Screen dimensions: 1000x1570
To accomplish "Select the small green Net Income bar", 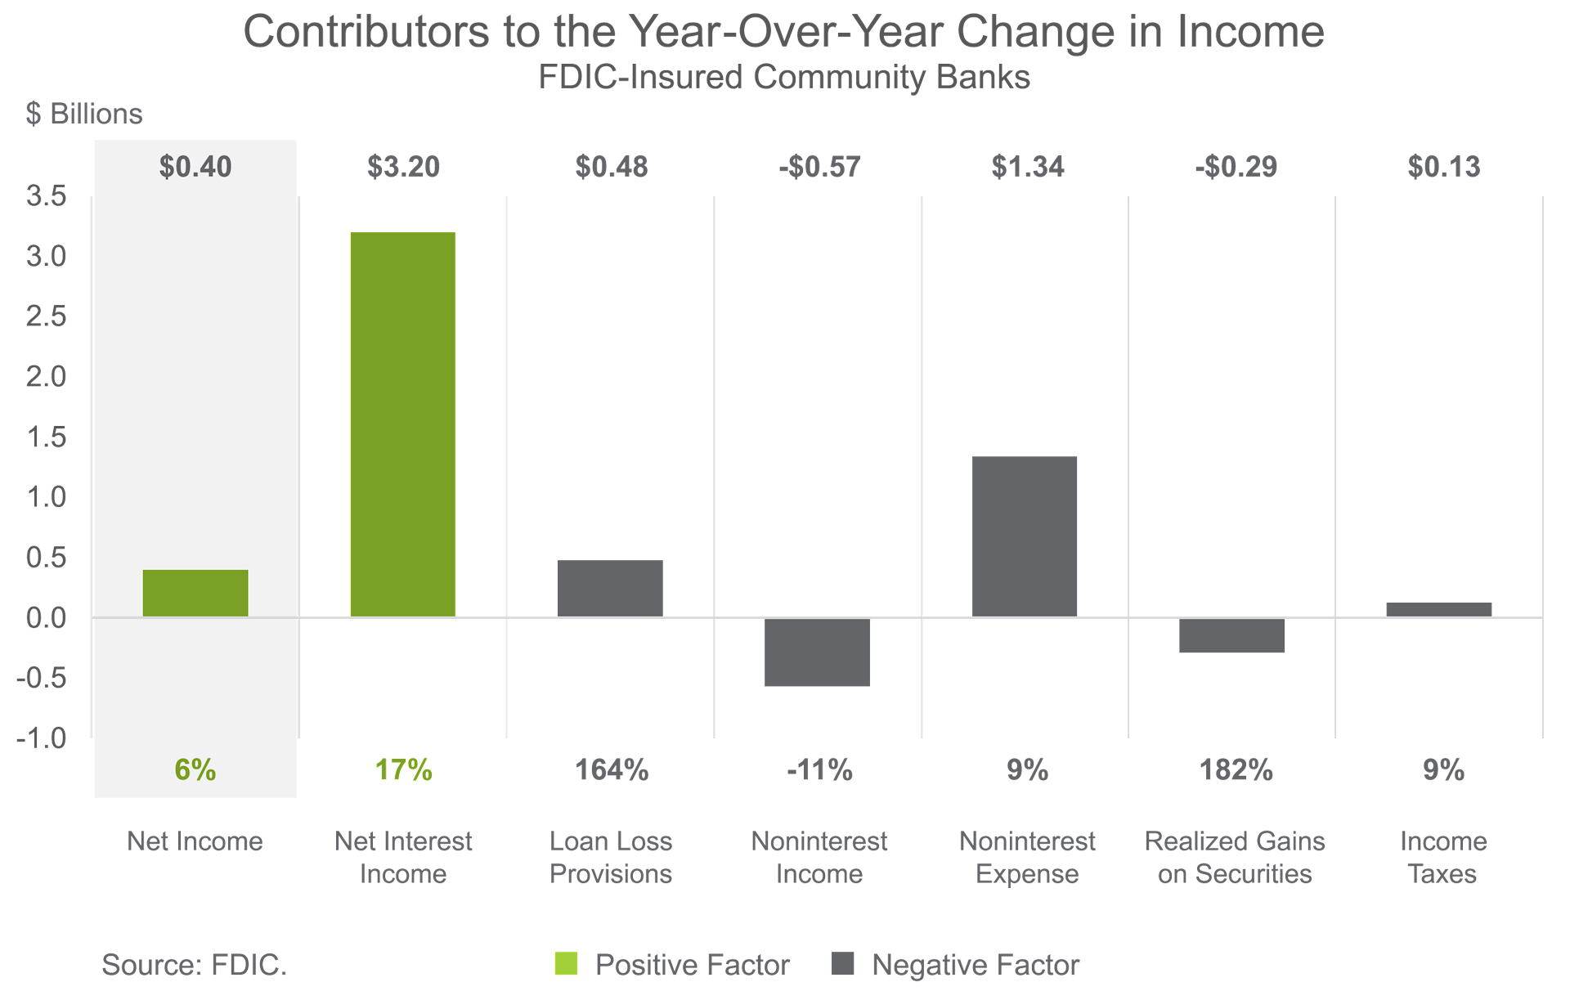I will click(x=195, y=593).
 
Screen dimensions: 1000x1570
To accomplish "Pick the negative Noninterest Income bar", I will click(x=817, y=652).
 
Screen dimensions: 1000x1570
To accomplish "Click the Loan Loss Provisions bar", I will click(x=610, y=588).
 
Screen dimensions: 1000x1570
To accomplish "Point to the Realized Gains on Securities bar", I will click(x=1231, y=636).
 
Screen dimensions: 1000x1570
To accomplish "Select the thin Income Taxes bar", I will click(x=1438, y=609).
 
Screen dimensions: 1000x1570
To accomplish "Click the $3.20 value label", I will click(x=403, y=167).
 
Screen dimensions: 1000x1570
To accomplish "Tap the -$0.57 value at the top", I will click(x=819, y=167).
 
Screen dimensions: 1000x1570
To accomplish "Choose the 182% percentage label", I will click(x=1236, y=769).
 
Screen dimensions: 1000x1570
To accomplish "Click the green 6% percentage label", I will click(x=195, y=769).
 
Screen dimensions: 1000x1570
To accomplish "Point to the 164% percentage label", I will click(x=611, y=769).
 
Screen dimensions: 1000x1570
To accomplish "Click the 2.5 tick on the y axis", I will click(x=46, y=316).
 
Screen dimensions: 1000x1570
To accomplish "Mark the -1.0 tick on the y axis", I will click(x=42, y=738).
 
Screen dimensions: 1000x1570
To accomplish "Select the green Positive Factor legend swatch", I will click(x=566, y=964).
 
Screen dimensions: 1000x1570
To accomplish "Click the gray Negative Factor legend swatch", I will click(x=842, y=964).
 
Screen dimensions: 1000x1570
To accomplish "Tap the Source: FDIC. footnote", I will click(x=194, y=965).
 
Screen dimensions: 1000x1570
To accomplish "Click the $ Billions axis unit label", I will click(x=84, y=114).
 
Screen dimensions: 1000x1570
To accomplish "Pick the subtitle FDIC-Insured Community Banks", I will click(x=784, y=78).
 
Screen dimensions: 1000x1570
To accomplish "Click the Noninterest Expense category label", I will click(x=1027, y=857).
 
